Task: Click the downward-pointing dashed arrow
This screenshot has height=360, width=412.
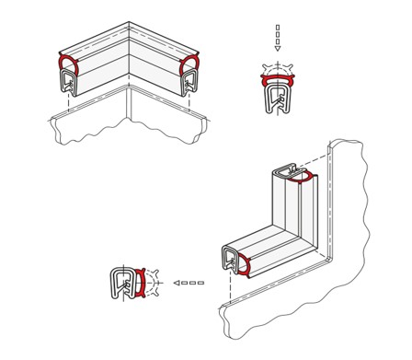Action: (x=277, y=38)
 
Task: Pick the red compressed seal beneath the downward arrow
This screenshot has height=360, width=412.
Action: (x=277, y=82)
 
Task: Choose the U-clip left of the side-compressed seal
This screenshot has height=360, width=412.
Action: (x=122, y=284)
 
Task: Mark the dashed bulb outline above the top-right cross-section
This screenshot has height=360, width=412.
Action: (x=277, y=67)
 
